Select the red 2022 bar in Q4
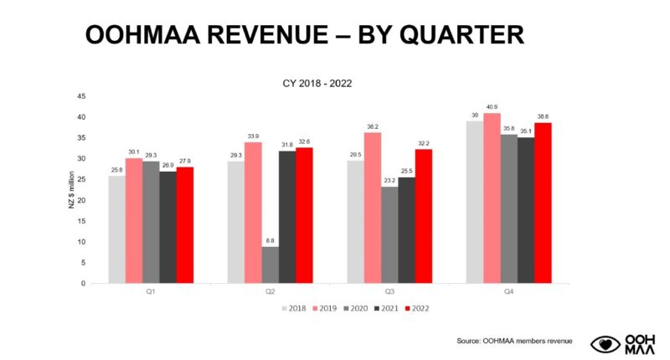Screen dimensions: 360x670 543,203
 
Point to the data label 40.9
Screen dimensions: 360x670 492,106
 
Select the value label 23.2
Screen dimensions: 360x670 389,180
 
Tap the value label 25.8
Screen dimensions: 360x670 116,169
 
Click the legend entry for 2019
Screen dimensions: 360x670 322,308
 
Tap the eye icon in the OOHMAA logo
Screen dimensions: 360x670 605,343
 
